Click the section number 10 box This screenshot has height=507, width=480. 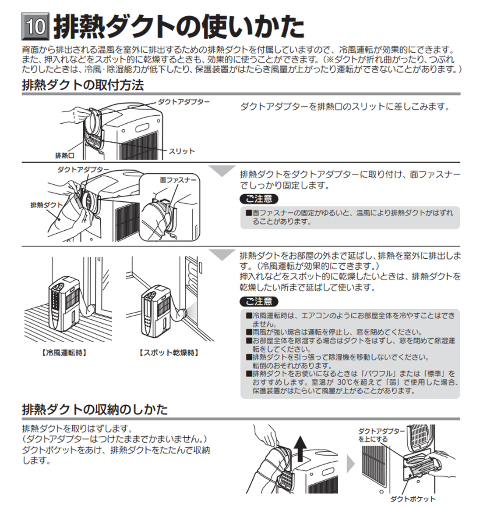[x=35, y=27]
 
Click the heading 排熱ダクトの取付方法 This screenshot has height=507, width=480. [x=83, y=85]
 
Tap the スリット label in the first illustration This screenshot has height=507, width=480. [x=181, y=151]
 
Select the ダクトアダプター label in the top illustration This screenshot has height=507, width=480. [x=184, y=102]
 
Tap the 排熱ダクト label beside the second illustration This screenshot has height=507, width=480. [x=47, y=205]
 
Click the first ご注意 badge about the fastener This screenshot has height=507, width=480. [x=259, y=199]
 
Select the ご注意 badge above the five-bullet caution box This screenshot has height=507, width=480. [x=259, y=302]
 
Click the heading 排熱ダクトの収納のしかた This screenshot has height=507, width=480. [x=95, y=410]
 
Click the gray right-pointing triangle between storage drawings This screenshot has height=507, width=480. [x=350, y=464]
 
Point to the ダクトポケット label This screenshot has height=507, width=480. [x=413, y=499]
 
